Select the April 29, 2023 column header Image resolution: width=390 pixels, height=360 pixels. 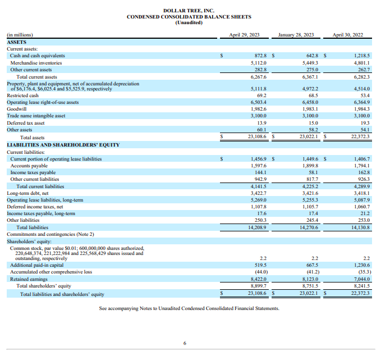click(245, 35)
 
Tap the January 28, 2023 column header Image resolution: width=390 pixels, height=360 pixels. click(296, 35)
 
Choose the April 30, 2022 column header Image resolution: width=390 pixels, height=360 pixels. click(348, 35)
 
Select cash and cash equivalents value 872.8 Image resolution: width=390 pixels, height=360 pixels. click(258, 56)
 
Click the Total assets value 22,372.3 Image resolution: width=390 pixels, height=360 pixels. click(359, 136)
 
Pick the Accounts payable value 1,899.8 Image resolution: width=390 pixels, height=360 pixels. click(310, 166)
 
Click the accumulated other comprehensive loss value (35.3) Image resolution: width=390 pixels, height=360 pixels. click(362, 272)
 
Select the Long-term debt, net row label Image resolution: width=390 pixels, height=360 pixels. click(28, 193)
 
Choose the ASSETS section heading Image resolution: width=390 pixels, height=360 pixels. click(16, 42)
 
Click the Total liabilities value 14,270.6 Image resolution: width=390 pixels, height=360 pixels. click(308, 227)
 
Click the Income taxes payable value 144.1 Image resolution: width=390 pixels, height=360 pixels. click(259, 173)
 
